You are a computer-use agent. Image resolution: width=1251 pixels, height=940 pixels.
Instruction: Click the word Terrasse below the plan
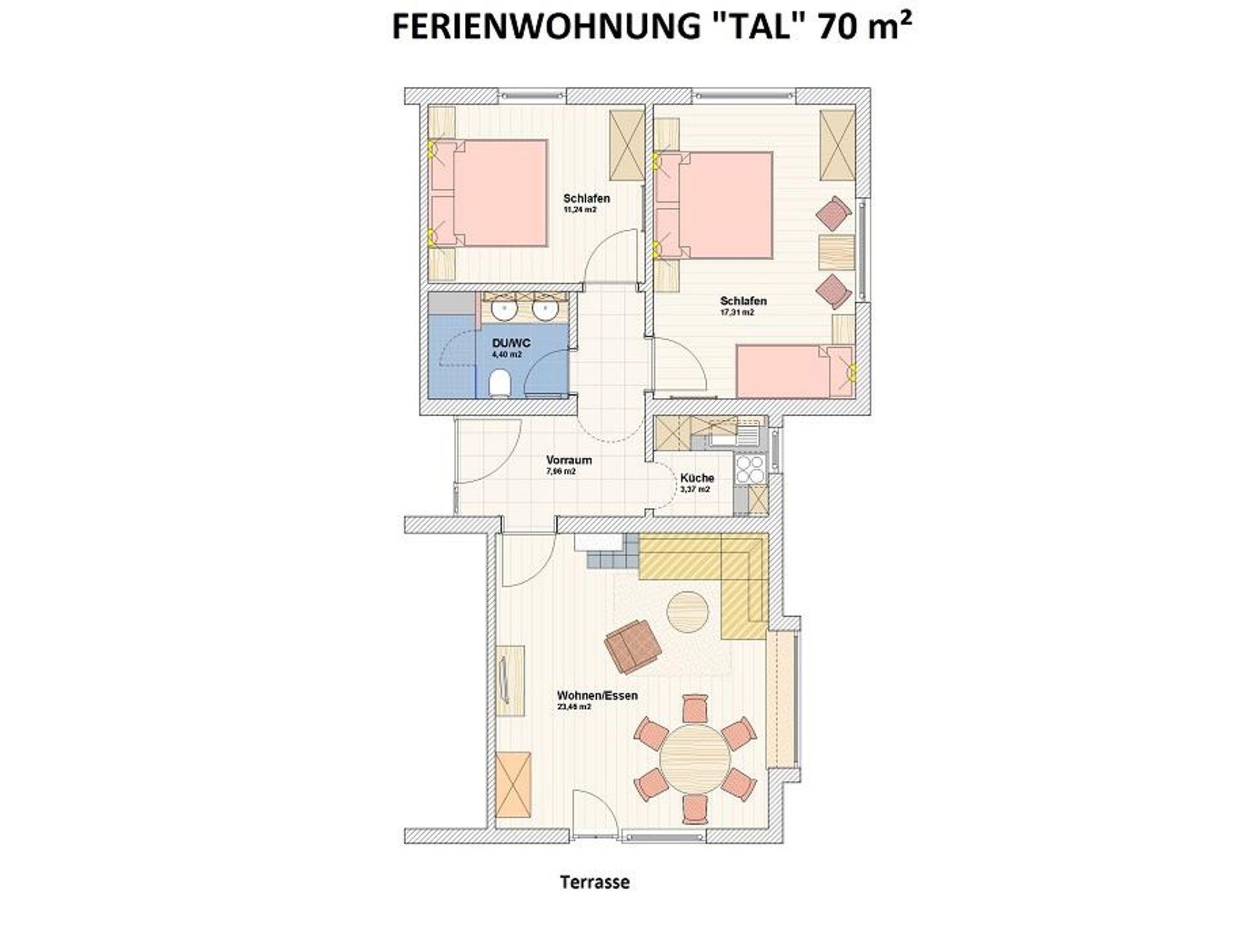594,882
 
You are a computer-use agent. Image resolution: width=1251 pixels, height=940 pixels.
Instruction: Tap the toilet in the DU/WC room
500,384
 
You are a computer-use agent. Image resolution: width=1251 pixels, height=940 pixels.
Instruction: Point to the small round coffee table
687,612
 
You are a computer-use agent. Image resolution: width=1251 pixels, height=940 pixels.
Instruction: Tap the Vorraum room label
569,460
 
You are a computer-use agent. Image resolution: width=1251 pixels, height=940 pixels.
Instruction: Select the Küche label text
697,478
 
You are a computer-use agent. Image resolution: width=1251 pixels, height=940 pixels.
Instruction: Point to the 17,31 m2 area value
736,312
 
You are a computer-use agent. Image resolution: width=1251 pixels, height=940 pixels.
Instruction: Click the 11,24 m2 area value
580,210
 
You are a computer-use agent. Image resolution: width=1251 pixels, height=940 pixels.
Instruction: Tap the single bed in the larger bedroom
794,371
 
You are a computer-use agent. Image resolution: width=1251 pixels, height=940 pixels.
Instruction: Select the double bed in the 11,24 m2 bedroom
489,193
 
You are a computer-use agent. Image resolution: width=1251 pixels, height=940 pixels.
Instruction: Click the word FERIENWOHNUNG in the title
547,27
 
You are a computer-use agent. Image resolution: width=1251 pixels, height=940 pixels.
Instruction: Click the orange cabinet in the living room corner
512,784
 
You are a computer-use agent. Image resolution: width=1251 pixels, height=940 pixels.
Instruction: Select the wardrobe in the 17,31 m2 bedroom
836,145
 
